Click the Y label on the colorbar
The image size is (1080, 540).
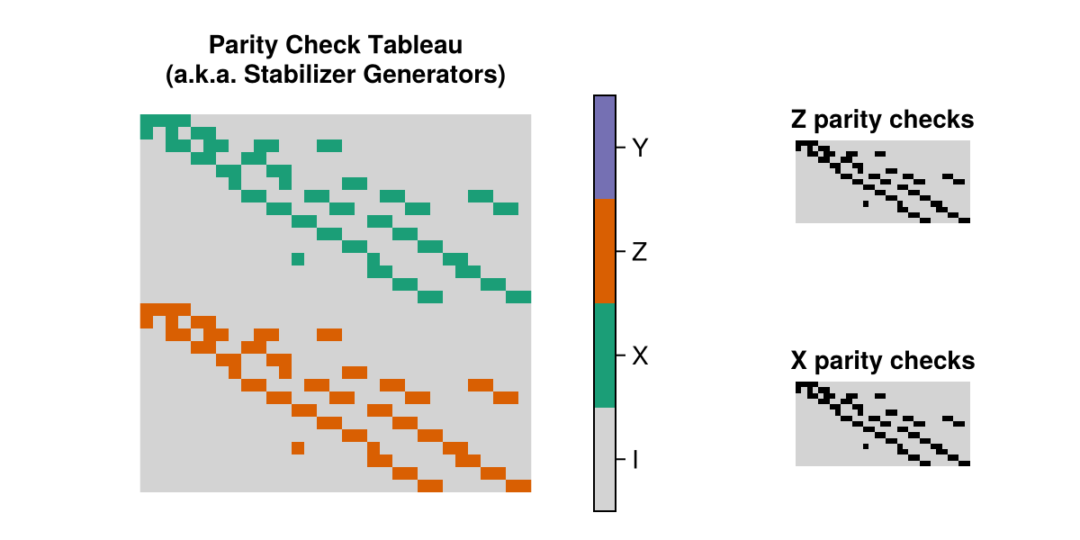pos(640,148)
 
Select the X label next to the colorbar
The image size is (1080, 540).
pos(640,356)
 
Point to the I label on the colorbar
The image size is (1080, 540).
pos(635,460)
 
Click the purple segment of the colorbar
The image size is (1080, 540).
pos(605,148)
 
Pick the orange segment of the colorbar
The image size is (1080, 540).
pos(605,252)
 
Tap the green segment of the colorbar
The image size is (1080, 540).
pos(605,356)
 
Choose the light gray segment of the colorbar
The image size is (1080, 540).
pos(605,460)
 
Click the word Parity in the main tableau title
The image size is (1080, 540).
pos(239,44)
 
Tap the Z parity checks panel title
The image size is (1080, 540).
pos(882,119)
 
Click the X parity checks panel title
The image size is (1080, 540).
pos(882,361)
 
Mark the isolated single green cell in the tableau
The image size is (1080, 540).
pos(298,259)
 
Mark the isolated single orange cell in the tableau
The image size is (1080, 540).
pos(298,447)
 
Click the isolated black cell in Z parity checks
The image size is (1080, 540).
pos(866,203)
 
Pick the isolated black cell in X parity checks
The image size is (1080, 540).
pos(866,445)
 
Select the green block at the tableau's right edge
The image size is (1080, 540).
pos(518,297)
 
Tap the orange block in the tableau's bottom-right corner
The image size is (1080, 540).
pos(518,486)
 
